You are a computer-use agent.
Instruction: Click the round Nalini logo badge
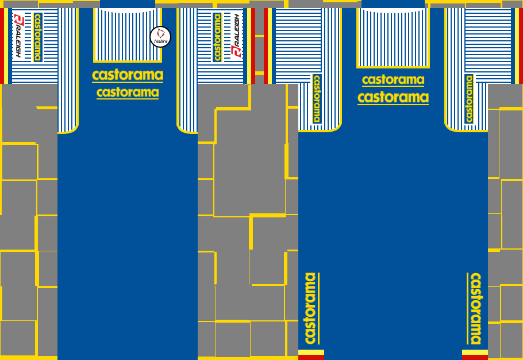tap(160, 37)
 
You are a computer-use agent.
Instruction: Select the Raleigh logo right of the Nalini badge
tap(236, 36)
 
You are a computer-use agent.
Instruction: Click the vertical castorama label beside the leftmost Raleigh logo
tap(38, 37)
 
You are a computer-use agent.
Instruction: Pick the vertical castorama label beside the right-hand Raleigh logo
tap(217, 37)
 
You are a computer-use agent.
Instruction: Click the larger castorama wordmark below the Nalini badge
tap(128, 75)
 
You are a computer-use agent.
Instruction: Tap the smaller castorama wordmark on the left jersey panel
tap(128, 93)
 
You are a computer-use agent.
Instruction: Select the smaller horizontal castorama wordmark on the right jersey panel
tap(393, 80)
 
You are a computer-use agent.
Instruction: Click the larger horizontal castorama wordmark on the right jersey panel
tap(393, 97)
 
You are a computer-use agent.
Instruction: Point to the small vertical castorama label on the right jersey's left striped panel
tap(316, 98)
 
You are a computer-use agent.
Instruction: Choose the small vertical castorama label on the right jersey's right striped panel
tap(469, 98)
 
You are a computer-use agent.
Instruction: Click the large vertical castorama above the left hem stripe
tap(311, 308)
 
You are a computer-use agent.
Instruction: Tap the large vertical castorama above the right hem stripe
tap(475, 308)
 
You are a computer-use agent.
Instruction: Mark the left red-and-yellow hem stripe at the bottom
tap(311, 354)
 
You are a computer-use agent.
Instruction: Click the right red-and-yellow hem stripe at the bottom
tap(475, 354)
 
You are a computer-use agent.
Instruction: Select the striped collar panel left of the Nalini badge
tap(127, 35)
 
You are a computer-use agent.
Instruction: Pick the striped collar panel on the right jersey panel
tap(393, 37)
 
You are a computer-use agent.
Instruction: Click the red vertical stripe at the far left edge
tap(2, 46)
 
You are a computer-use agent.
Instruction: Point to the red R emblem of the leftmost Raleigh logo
tap(18, 20)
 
